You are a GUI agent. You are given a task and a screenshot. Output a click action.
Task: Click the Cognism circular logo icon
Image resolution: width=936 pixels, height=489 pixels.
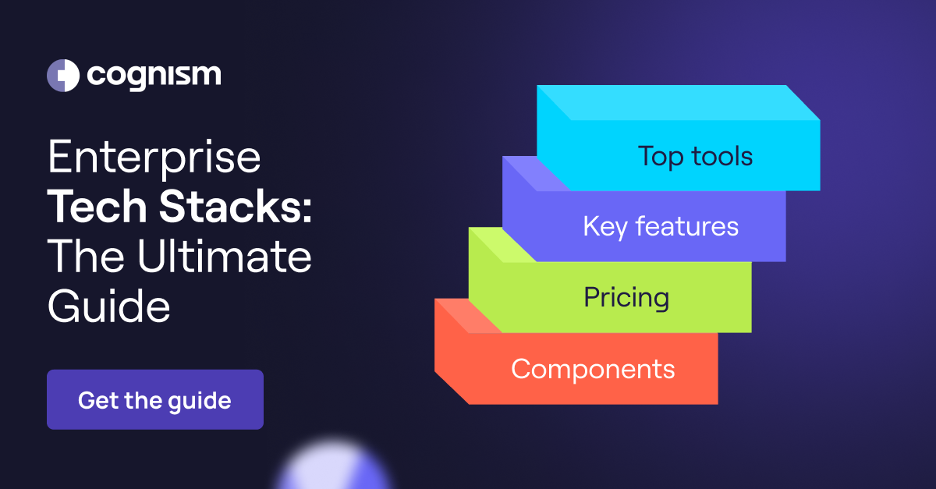(x=63, y=76)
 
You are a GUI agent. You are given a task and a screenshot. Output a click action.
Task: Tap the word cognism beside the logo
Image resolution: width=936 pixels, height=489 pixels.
(x=154, y=76)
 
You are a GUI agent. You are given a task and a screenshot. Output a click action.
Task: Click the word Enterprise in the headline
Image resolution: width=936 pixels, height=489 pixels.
(x=154, y=158)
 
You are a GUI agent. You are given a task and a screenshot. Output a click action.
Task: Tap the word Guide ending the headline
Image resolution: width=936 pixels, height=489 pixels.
(x=108, y=307)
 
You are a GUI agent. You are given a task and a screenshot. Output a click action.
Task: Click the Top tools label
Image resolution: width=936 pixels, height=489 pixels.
(x=695, y=156)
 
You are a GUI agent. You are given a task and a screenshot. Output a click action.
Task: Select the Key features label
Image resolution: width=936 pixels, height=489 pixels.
(x=660, y=227)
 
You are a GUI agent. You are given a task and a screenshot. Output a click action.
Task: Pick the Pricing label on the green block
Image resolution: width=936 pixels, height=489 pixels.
(x=626, y=298)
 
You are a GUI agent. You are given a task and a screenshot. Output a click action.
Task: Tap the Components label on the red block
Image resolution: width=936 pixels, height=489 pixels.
(x=593, y=369)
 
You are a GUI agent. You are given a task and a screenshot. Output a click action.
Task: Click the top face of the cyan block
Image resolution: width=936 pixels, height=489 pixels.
(x=679, y=102)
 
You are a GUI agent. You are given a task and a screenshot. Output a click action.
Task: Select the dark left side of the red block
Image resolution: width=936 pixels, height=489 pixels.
(x=451, y=359)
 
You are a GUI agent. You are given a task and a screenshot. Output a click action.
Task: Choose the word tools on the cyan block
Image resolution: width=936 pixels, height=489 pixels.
(x=721, y=156)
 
